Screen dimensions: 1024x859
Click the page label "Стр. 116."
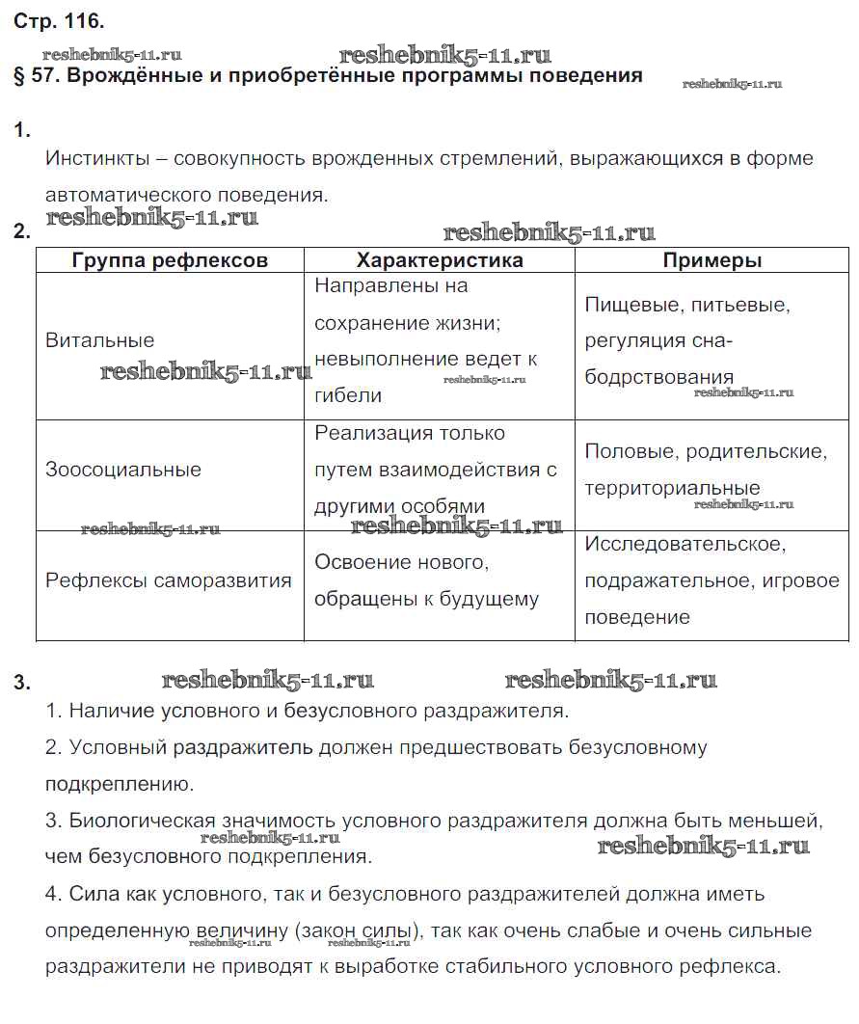[x=59, y=20]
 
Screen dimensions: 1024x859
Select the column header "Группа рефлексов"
[x=170, y=260]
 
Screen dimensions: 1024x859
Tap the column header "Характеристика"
[x=440, y=260]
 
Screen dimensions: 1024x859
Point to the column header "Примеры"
[x=712, y=260]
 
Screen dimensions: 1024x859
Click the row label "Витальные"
[x=99, y=340]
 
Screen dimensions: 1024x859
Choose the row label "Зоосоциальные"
[x=123, y=470]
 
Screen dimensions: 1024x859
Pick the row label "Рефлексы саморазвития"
[x=169, y=580]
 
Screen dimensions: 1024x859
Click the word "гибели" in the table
[x=348, y=395]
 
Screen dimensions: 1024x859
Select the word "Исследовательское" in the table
[x=685, y=544]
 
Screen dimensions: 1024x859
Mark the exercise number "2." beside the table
[x=22, y=231]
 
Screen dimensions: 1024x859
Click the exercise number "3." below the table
[x=22, y=684]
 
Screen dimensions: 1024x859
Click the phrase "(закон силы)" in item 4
[x=359, y=930]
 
